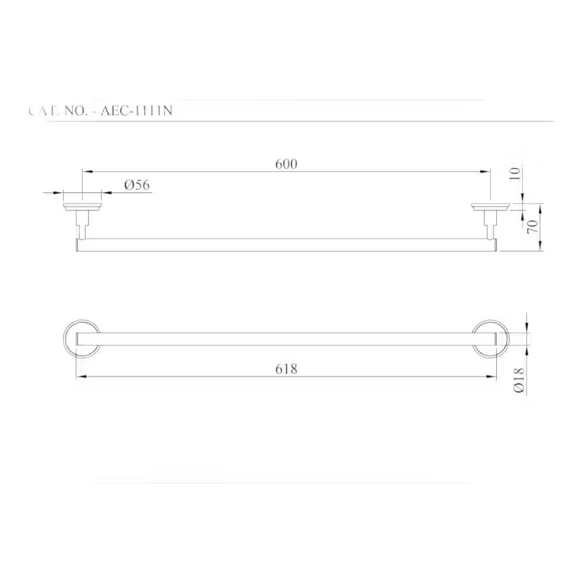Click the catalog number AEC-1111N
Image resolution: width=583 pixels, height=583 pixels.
(x=136, y=110)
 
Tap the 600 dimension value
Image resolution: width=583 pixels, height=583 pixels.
(x=286, y=164)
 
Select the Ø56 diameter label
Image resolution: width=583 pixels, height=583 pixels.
(x=137, y=185)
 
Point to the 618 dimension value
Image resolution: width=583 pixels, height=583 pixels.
(x=286, y=368)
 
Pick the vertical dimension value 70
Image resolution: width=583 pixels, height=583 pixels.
(x=532, y=227)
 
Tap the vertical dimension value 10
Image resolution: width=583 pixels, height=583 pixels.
(x=514, y=173)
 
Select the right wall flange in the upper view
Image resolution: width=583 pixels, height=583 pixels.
(x=490, y=206)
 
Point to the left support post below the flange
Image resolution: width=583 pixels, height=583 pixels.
(x=83, y=224)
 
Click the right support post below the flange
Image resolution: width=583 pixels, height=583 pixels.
(x=490, y=224)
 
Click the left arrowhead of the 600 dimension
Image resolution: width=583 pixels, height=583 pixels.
(x=86, y=171)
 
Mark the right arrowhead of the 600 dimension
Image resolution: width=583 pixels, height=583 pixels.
(x=486, y=171)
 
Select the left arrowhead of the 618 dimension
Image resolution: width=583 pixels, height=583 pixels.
(x=80, y=377)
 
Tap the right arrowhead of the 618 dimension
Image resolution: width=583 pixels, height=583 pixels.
(x=492, y=377)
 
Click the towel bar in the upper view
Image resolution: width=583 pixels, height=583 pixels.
(x=286, y=245)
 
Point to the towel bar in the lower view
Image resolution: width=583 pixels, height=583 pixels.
(x=286, y=339)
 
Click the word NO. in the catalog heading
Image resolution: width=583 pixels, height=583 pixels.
(x=72, y=110)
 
